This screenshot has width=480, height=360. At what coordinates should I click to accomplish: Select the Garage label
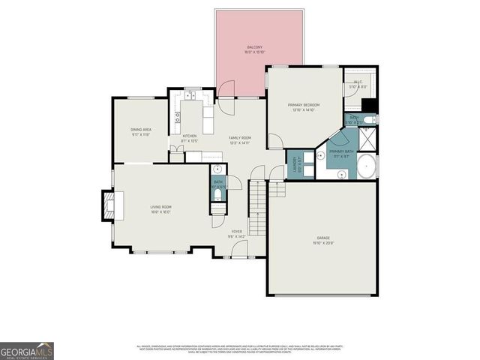click(x=323, y=241)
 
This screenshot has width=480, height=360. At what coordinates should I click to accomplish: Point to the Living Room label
click(x=160, y=209)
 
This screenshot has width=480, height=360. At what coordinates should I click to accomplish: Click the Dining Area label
click(x=141, y=132)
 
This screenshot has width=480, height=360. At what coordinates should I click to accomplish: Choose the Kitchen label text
click(x=189, y=138)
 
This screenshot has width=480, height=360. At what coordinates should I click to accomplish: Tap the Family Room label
click(x=239, y=140)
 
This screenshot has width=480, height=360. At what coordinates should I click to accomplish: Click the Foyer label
click(x=236, y=233)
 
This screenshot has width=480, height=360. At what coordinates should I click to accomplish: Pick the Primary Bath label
click(x=341, y=154)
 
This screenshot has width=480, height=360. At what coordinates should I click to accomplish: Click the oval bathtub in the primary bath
click(x=366, y=167)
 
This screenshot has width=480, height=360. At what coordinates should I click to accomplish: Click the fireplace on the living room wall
click(x=109, y=203)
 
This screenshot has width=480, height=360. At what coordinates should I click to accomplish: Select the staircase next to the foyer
click(x=258, y=209)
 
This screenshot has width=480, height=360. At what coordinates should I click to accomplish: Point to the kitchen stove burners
click(x=178, y=117)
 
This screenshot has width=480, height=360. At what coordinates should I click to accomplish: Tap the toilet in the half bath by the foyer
click(x=218, y=194)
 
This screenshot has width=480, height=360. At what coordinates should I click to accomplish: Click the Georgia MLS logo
click(x=27, y=351)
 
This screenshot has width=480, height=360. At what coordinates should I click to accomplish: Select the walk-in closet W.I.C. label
click(x=355, y=85)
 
